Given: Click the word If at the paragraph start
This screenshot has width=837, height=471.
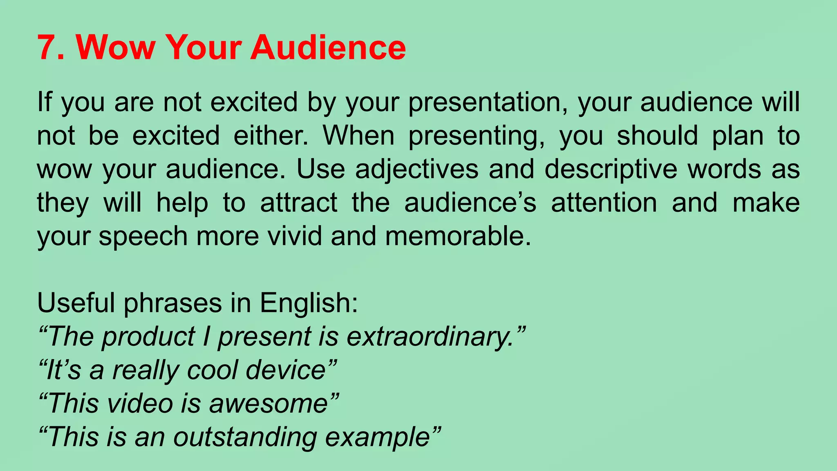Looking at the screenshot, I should (45, 102).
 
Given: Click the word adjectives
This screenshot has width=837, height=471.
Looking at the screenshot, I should (416, 170).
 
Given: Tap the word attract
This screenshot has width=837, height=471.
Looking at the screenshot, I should (299, 203).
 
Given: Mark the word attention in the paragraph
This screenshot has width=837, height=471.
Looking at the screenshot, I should (604, 203).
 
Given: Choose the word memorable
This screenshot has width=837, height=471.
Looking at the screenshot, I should (458, 236).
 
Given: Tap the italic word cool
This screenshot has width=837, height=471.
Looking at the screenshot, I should (212, 370).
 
